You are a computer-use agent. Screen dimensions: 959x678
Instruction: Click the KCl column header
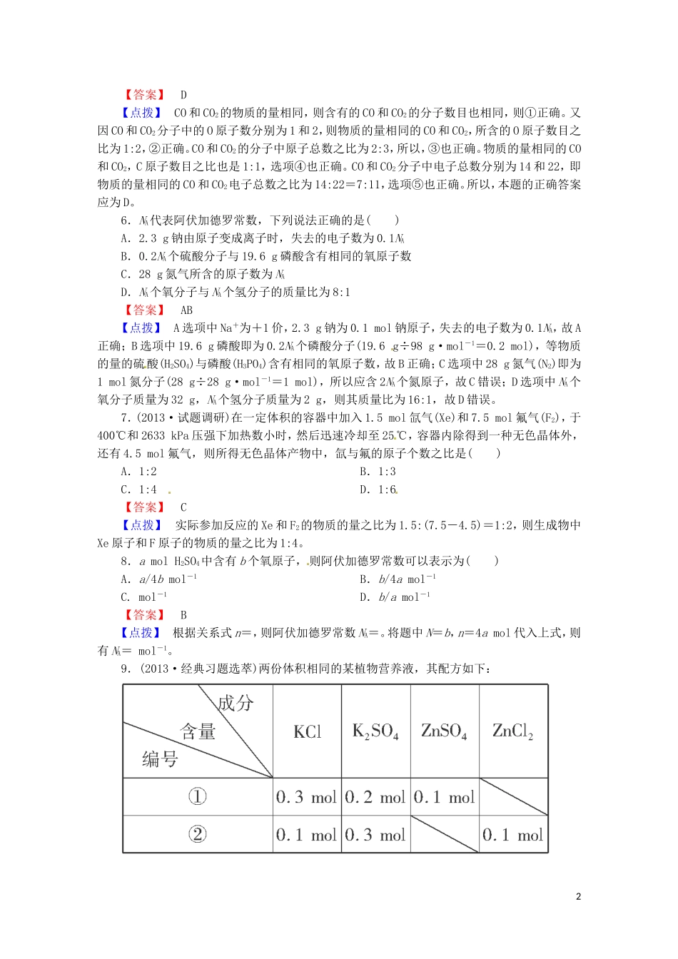pos(308,731)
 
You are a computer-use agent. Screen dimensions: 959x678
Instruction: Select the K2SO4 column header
pos(375,731)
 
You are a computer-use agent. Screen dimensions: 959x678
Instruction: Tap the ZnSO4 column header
pos(444,731)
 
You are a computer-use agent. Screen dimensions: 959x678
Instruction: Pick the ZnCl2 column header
pos(512,731)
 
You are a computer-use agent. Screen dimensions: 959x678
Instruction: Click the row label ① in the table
pos(197,797)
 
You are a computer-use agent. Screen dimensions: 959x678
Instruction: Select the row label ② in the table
pos(197,834)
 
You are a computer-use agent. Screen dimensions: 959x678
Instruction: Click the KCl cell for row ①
pos(306,797)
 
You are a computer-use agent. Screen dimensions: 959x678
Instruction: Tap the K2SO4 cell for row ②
pos(375,835)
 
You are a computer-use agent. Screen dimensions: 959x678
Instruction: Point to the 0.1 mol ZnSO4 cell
pos(444,797)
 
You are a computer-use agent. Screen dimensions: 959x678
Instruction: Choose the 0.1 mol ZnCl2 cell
pos(512,835)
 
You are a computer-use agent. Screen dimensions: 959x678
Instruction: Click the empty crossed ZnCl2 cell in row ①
pos(513,796)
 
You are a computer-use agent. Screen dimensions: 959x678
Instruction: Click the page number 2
pos(578,896)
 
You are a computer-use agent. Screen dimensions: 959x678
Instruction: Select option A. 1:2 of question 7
pos(139,472)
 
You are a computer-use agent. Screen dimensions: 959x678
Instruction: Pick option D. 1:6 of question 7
pos(378,489)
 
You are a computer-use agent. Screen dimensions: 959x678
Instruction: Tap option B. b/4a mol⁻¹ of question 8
pos(398,579)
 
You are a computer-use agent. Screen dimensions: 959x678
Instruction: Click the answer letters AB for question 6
pos(186,310)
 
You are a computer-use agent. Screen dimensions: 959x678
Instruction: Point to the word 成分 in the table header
pos(236,703)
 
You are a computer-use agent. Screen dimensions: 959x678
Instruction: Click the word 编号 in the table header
pos(160,758)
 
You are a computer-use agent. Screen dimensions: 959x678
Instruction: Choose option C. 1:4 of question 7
pos(139,489)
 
